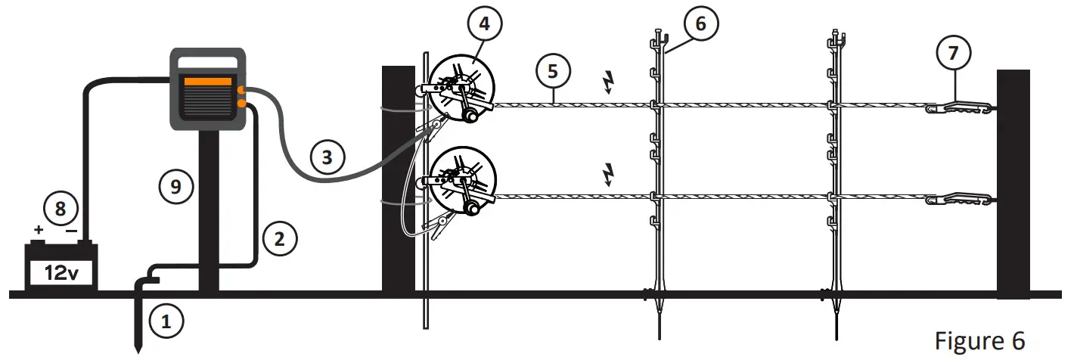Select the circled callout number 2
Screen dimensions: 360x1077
click(280, 240)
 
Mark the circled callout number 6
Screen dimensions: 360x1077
click(700, 24)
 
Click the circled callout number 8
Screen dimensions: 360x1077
click(61, 207)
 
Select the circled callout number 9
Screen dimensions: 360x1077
click(175, 186)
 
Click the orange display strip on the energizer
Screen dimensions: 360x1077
click(207, 82)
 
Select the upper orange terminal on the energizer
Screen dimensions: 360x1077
click(241, 91)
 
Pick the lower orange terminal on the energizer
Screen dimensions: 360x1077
click(241, 104)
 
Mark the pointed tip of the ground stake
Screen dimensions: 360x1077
click(138, 349)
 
